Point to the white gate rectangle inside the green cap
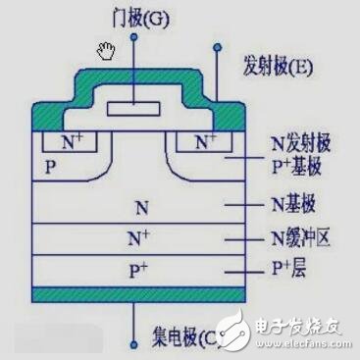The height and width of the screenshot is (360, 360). coord(133,107)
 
